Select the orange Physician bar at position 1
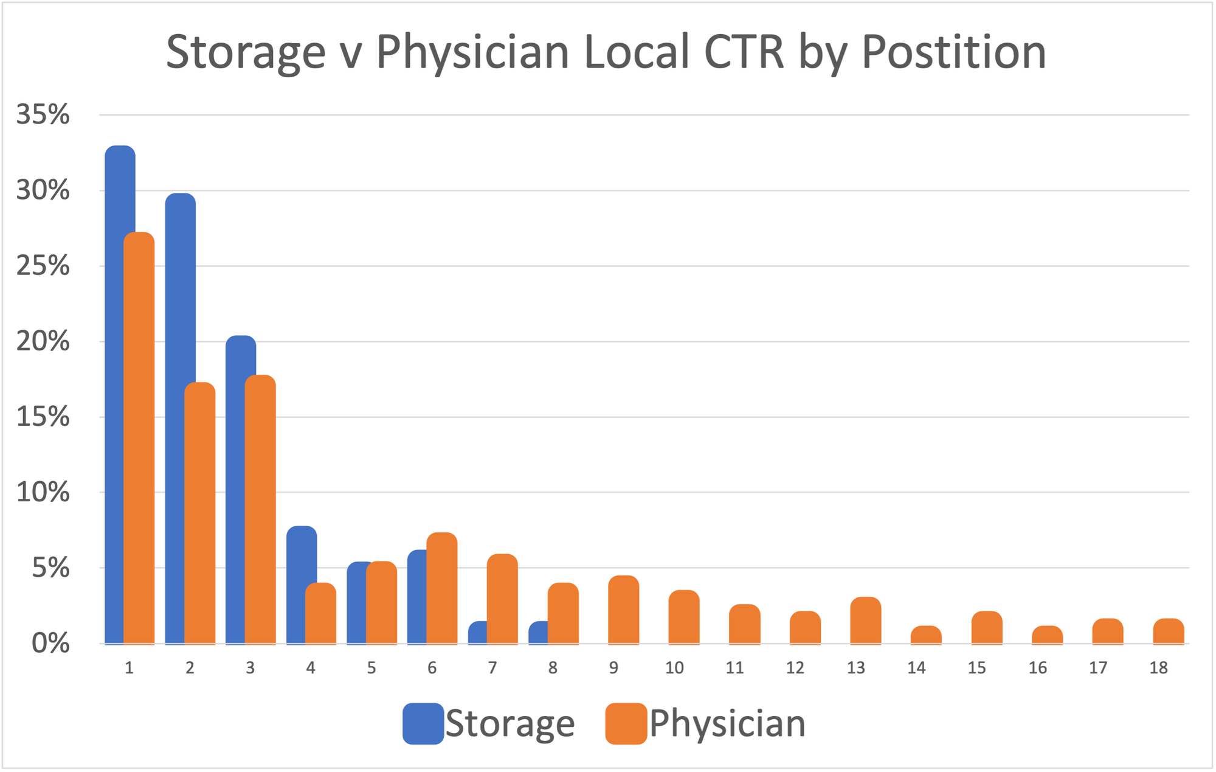point(139,437)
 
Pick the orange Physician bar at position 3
point(260,509)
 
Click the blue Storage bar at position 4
point(296,585)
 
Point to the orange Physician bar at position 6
point(442,588)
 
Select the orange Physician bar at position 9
point(624,609)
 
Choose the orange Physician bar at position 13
point(866,620)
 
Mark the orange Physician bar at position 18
point(1169,631)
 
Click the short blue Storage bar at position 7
point(478,632)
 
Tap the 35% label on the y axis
point(43,114)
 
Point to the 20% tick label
point(43,341)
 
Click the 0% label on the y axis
point(51,643)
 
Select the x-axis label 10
point(674,668)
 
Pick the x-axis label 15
point(977,668)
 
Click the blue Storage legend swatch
point(423,724)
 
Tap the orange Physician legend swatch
point(626,724)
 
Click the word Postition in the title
point(954,53)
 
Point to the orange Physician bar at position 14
point(926,635)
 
